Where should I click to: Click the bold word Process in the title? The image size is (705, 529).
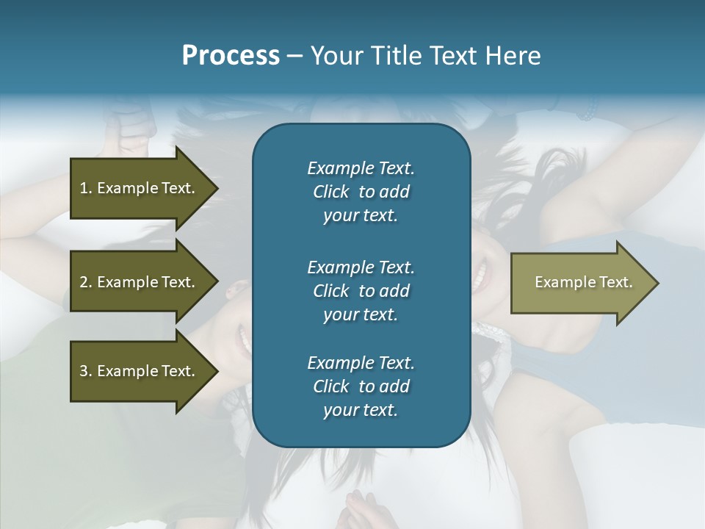[231, 56]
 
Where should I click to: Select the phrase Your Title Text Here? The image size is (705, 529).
[425, 56]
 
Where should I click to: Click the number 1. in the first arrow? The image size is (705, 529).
[86, 188]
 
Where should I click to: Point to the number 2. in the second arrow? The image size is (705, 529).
[86, 282]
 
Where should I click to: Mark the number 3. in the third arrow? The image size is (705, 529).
[86, 371]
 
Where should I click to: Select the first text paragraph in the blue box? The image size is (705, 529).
[361, 192]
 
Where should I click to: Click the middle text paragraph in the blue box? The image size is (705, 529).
[361, 291]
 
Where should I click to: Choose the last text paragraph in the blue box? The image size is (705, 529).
[361, 386]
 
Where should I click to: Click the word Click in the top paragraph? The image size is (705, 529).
[330, 192]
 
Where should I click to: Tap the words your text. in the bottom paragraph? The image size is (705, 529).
[361, 411]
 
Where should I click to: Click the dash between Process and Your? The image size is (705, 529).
[294, 56]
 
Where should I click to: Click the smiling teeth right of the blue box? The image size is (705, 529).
[480, 276]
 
